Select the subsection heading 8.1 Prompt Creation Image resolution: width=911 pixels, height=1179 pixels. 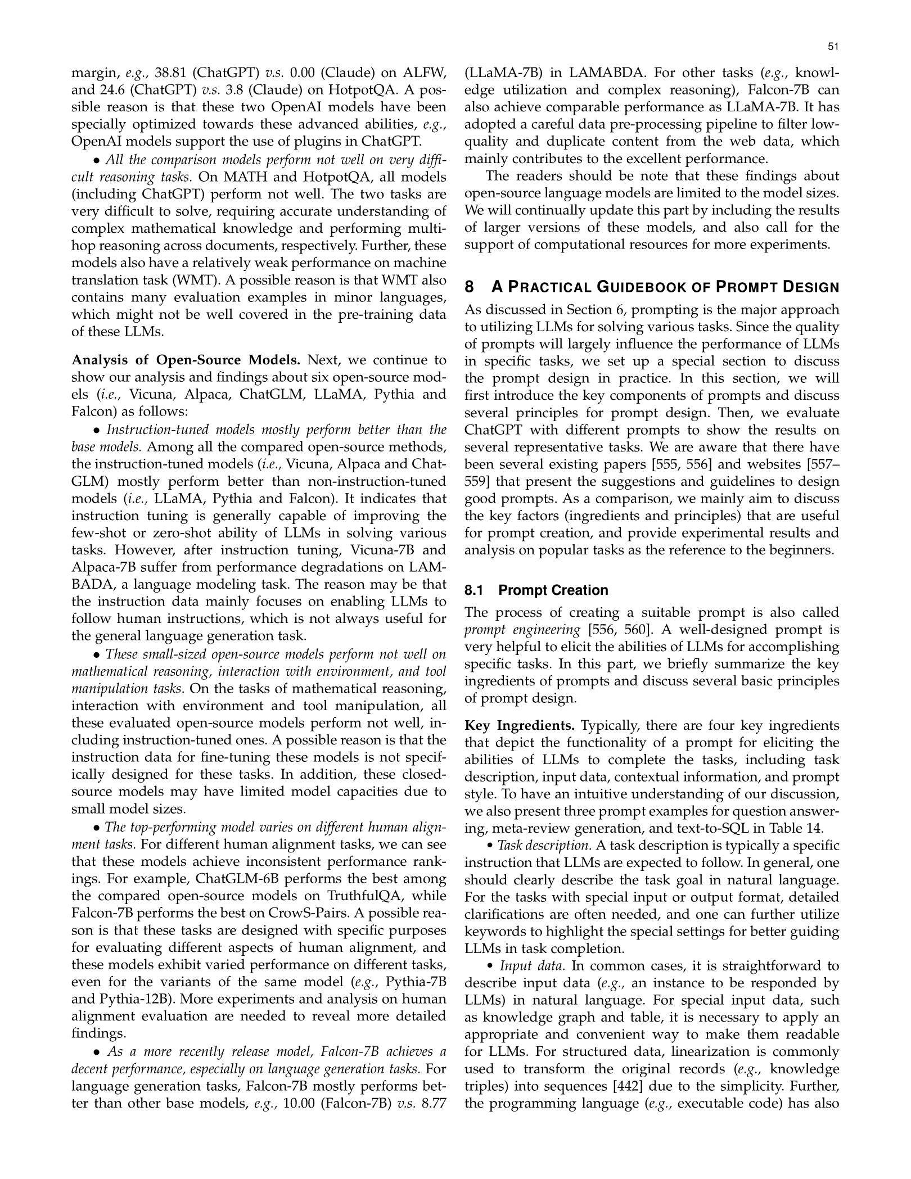pyautogui.click(x=536, y=590)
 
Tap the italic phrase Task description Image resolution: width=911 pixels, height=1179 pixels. pyautogui.click(x=545, y=846)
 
